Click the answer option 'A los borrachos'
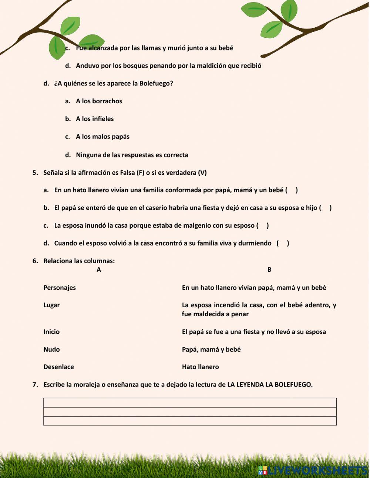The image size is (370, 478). pos(99,101)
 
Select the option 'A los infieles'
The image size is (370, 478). pos(95,119)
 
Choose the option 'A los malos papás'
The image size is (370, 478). pos(102,137)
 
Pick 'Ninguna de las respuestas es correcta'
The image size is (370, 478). pos(132,155)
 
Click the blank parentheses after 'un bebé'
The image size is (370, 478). pos(292,190)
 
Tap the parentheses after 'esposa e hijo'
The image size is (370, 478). pos(325,208)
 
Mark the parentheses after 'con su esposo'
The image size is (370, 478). pos(262,225)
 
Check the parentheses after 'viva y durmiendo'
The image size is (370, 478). pos(283,243)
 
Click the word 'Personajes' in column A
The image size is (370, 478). pos(60,288)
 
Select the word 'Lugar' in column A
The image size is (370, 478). pos(51,305)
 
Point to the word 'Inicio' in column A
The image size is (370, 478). pos(51,332)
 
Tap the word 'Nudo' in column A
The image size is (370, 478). pos(51,350)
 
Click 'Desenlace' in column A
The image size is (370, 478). pos(58,367)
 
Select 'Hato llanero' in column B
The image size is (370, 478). pos(200,367)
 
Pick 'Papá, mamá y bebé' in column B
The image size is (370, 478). pos(211,350)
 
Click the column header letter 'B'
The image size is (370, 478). pos(269,270)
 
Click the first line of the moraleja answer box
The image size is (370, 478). pos(190,402)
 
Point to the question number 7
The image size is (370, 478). pos(35,385)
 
